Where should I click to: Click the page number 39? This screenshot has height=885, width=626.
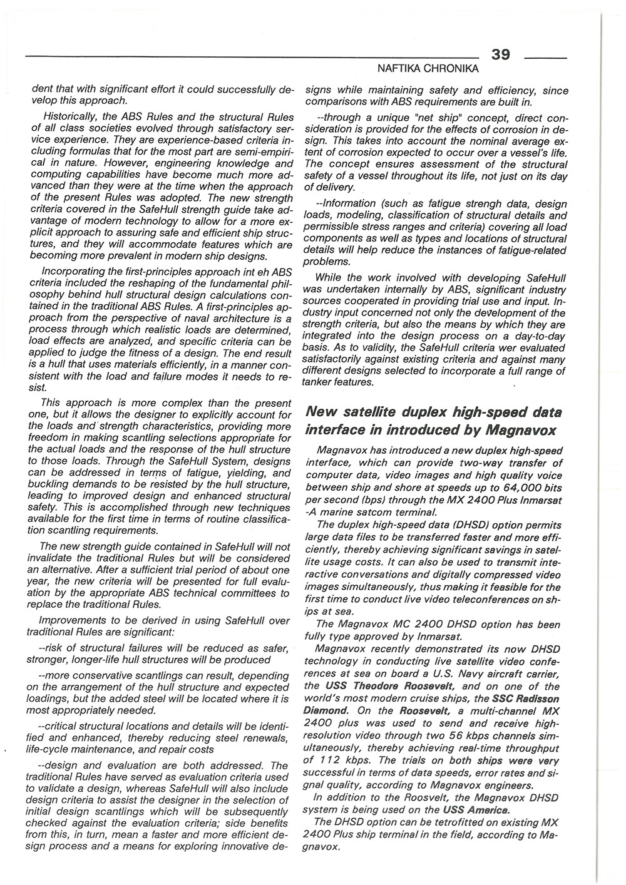(501, 54)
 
